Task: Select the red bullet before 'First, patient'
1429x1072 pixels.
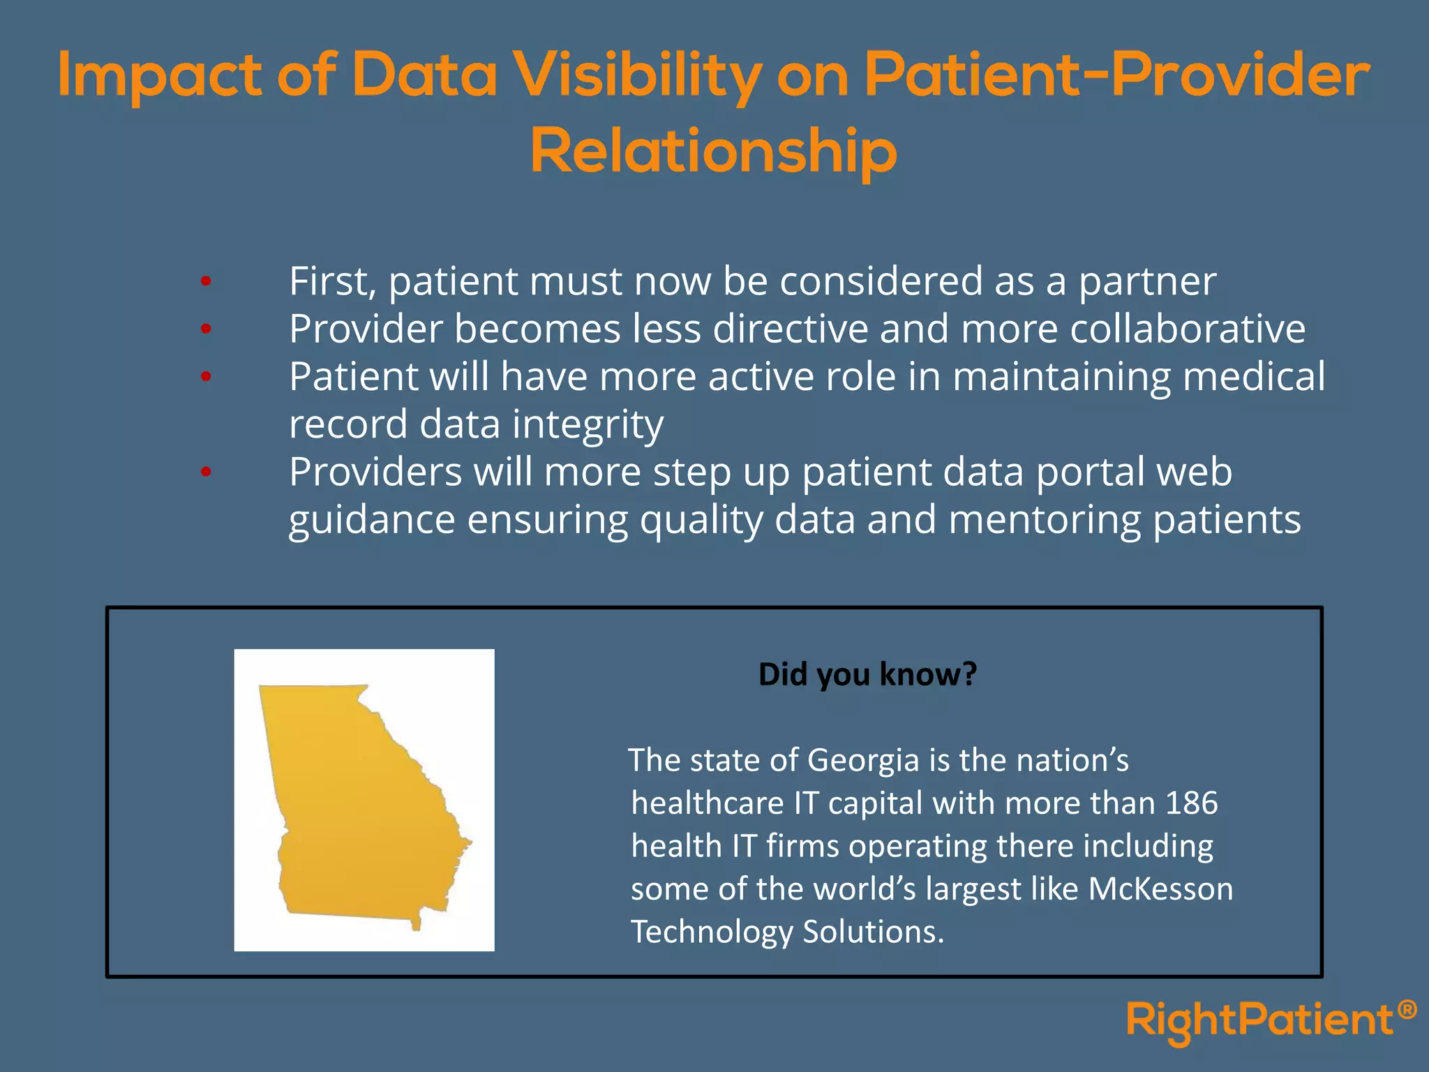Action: coord(205,282)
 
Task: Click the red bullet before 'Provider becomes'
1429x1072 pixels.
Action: coord(205,329)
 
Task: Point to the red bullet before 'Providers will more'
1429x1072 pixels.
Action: coord(205,472)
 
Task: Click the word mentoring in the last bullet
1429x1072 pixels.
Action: coord(1044,521)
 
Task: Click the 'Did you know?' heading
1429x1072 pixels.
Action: coord(867,674)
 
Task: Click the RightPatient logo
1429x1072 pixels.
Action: coord(1259,1021)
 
